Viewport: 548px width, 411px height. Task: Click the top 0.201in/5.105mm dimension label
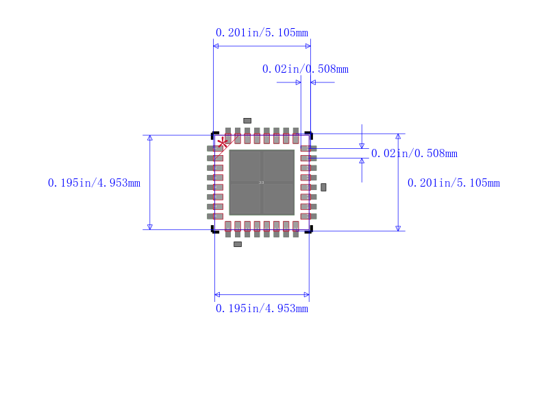point(262,32)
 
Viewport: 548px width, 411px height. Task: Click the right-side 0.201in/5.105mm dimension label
point(453,183)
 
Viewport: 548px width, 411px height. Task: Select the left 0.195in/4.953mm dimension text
point(94,183)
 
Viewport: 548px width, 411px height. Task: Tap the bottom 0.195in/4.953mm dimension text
point(262,309)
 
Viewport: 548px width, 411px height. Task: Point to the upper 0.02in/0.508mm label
point(305,69)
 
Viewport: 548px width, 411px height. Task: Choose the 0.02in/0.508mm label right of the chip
point(414,154)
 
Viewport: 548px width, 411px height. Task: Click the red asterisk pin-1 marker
point(223,143)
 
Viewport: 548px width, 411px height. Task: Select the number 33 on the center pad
point(261,183)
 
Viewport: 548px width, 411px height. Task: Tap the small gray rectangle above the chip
point(247,121)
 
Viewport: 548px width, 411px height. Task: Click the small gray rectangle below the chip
point(238,244)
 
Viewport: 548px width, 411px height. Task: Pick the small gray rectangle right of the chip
point(323,187)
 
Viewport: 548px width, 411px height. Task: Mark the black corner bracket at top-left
point(214,134)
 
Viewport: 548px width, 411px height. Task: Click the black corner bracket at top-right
point(309,134)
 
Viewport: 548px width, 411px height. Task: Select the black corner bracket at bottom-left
point(214,231)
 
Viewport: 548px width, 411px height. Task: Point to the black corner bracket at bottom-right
point(309,231)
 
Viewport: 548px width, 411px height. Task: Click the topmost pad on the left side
point(215,148)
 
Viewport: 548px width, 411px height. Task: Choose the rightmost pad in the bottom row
point(295,228)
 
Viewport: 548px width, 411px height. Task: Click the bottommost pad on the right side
point(308,216)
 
